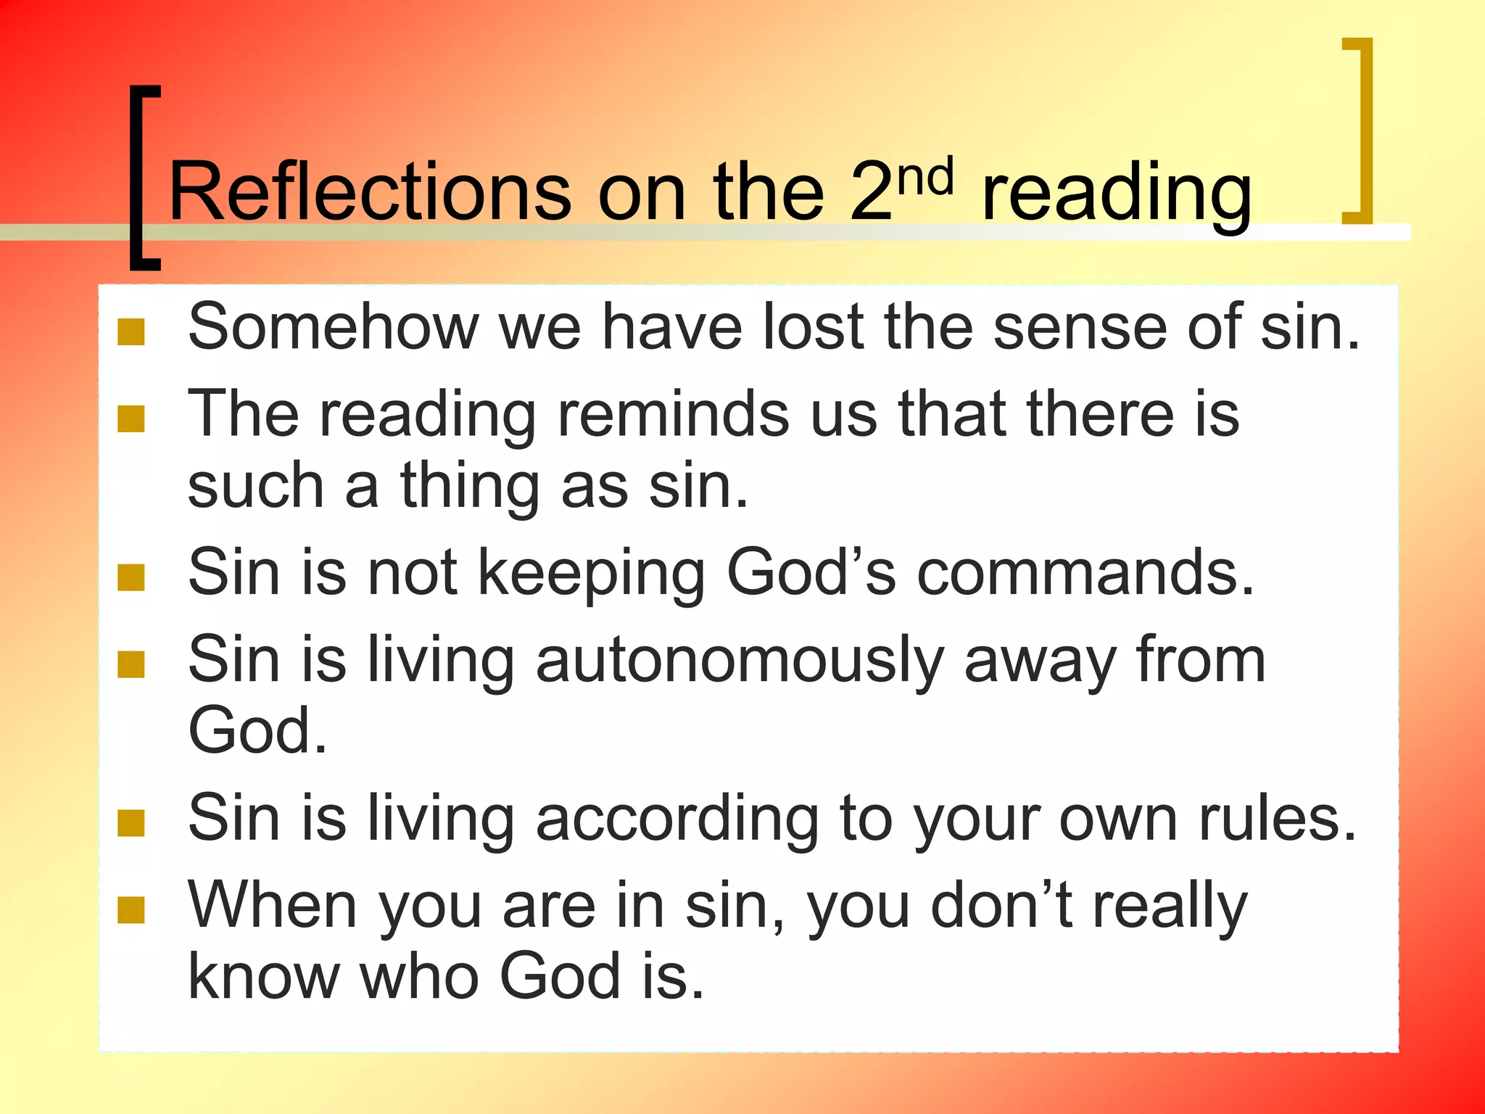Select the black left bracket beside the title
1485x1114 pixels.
(x=143, y=178)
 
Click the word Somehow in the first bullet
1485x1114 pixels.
(x=334, y=327)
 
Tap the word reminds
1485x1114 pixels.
(x=673, y=414)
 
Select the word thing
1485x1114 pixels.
(x=470, y=486)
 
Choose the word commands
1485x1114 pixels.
(x=1085, y=573)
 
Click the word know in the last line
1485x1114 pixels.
(x=264, y=977)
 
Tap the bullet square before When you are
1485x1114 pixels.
(x=131, y=909)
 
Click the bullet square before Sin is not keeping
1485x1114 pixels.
(x=131, y=577)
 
